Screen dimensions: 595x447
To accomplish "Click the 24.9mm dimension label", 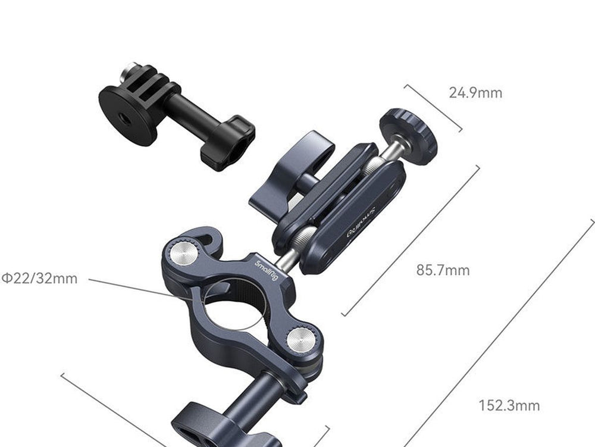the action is click(475, 93).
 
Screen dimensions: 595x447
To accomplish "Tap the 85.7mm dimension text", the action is click(443, 270).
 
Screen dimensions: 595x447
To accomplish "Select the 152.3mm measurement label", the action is click(509, 406).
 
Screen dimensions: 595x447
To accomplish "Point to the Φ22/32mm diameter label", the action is click(39, 279).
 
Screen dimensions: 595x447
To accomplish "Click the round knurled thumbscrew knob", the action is click(409, 136).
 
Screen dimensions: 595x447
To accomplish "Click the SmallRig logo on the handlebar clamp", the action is click(267, 270).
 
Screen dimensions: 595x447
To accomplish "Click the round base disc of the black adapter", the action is click(127, 115).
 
